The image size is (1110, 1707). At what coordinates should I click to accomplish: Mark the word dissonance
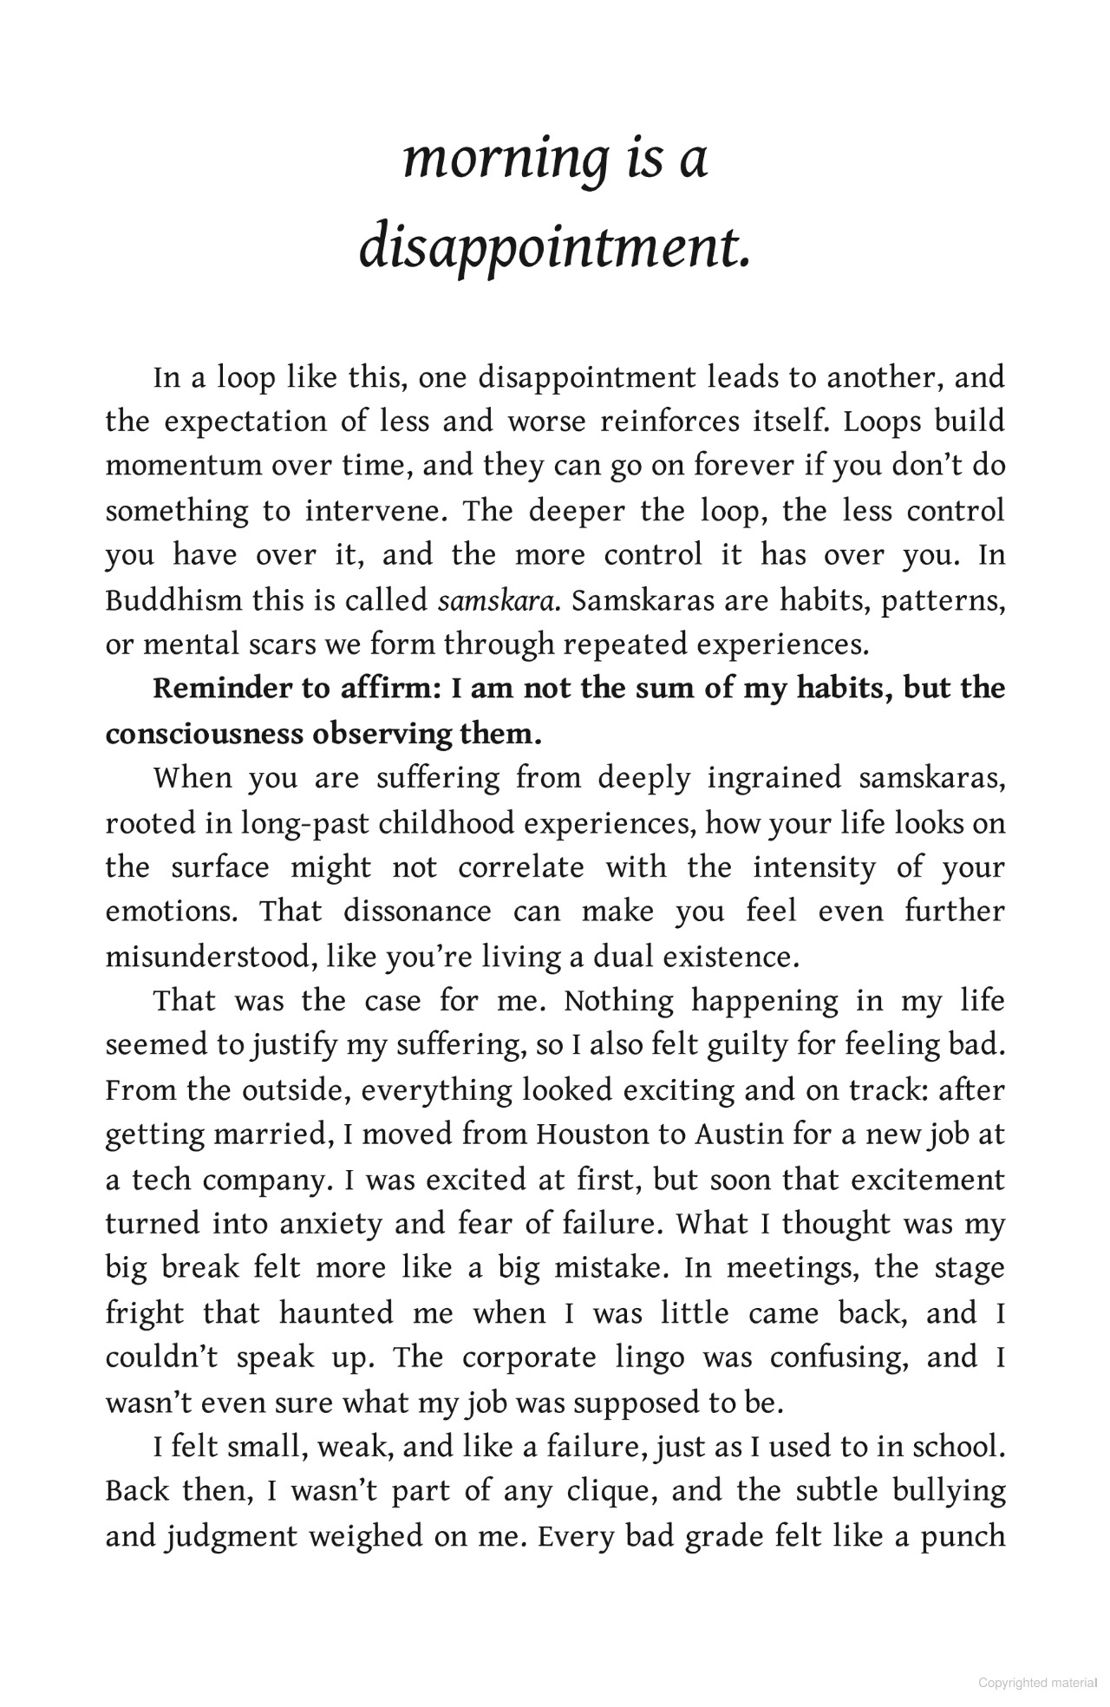pyautogui.click(x=417, y=912)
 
